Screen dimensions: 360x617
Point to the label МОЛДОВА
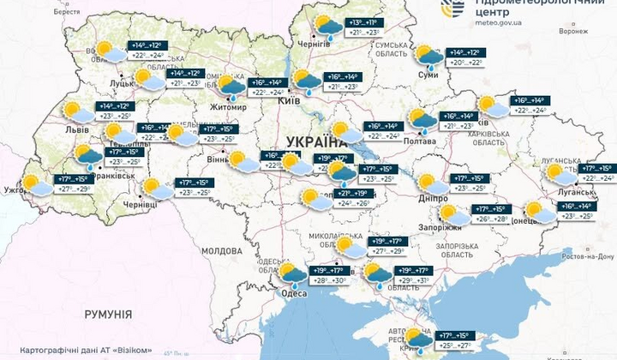tap(222, 250)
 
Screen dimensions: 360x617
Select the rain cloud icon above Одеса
tap(293, 275)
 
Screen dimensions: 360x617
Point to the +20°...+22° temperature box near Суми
tap(466, 63)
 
